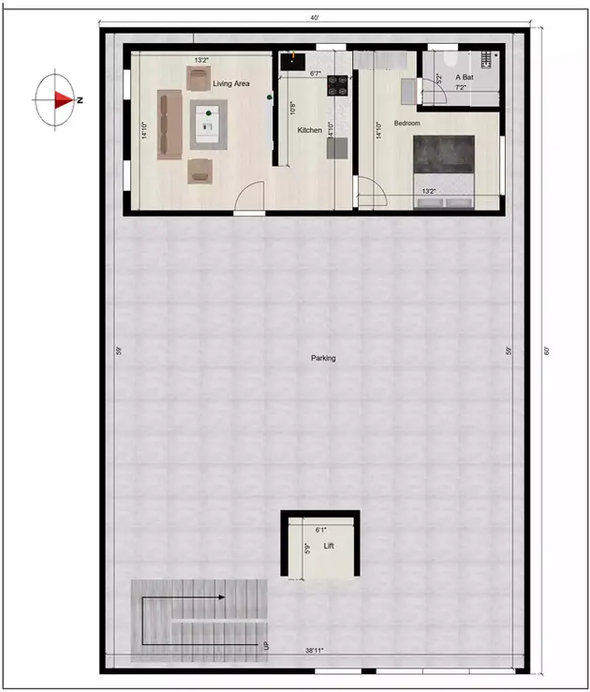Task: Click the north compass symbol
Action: pyautogui.click(x=58, y=98)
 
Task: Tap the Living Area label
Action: pyautogui.click(x=231, y=84)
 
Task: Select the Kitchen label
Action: pyautogui.click(x=310, y=130)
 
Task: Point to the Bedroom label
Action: pyautogui.click(x=407, y=124)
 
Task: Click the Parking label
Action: pyautogui.click(x=323, y=358)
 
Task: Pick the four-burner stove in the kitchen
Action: pyautogui.click(x=338, y=87)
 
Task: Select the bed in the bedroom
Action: pyautogui.click(x=444, y=166)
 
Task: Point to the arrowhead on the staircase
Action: pyautogui.click(x=220, y=596)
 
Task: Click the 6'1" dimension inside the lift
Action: pyautogui.click(x=321, y=530)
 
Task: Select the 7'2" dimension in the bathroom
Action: pyautogui.click(x=461, y=87)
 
